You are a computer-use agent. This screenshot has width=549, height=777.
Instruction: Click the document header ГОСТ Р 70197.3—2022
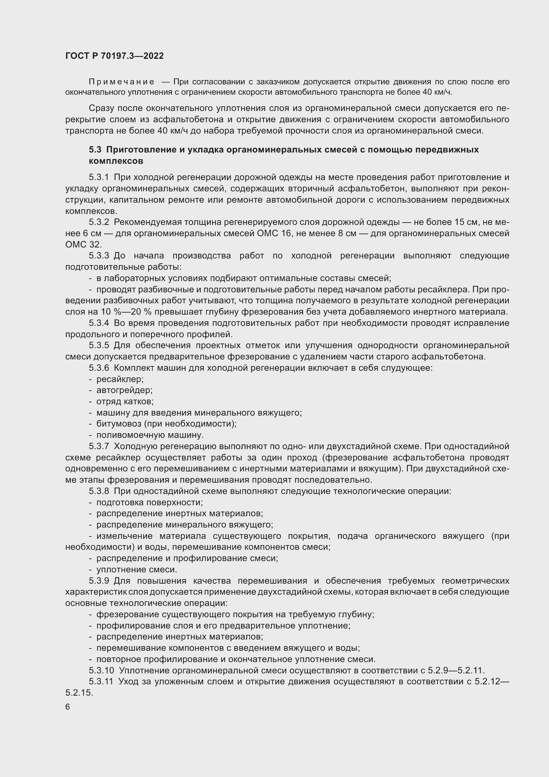(114, 56)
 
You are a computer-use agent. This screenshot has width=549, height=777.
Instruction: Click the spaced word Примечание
(121, 82)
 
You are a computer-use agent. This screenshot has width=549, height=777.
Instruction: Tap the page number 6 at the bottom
(68, 707)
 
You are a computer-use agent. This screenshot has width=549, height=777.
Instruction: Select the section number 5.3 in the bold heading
(95, 149)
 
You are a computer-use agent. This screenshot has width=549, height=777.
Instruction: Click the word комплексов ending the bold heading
(116, 161)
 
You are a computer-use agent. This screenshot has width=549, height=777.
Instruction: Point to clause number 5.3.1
(99, 177)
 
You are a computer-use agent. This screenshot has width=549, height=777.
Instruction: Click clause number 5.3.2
(99, 222)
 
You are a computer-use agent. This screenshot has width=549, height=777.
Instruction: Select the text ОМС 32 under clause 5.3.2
(83, 244)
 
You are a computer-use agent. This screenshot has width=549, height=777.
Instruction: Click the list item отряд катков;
(125, 401)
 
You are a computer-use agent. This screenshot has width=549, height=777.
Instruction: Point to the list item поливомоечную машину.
(150, 435)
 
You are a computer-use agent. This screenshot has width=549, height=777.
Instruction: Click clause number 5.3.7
(99, 446)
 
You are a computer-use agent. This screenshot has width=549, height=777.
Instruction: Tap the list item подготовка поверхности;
(149, 503)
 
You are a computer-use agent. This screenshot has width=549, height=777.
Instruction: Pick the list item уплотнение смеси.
(136, 570)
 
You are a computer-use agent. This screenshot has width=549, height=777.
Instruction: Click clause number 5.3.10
(102, 670)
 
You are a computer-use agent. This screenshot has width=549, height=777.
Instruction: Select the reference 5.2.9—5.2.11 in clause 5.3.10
(456, 670)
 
